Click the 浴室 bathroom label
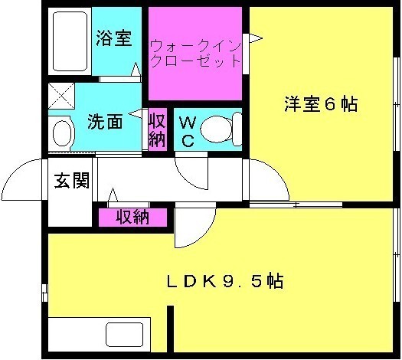click(x=114, y=39)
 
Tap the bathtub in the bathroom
click(x=70, y=41)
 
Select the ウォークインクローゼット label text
click(x=195, y=54)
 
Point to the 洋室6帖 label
click(x=321, y=104)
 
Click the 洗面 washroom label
click(x=105, y=122)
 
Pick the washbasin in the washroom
click(x=62, y=133)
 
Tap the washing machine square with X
click(x=61, y=96)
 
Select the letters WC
click(x=188, y=131)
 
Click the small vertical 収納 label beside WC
click(x=158, y=131)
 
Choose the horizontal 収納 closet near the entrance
click(x=132, y=218)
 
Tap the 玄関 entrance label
click(x=71, y=180)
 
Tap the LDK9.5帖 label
click(x=225, y=281)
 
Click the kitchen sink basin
click(x=124, y=335)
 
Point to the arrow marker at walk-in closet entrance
click(x=256, y=38)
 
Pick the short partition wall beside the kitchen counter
click(x=170, y=329)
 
